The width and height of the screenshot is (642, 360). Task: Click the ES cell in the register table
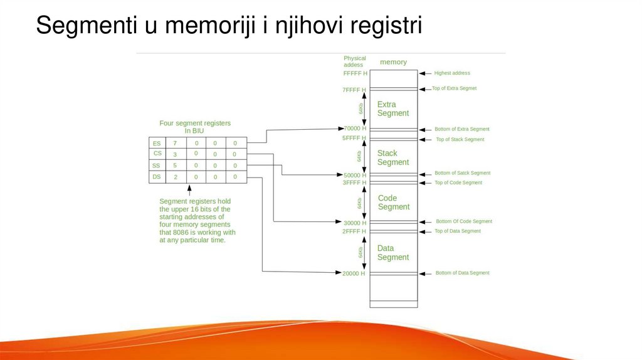point(157,143)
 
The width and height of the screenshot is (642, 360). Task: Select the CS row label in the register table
point(157,154)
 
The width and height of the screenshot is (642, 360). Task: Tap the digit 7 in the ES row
point(175,143)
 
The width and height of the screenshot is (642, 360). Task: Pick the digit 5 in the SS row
point(175,166)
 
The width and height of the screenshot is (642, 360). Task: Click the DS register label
point(157,177)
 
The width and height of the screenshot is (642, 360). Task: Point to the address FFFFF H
point(355,73)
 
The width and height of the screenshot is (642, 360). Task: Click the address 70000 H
point(355,129)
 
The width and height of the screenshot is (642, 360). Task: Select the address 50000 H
point(355,175)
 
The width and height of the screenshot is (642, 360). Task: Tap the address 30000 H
point(355,223)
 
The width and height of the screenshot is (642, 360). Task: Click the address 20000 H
point(355,273)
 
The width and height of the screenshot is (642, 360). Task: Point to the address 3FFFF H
point(355,183)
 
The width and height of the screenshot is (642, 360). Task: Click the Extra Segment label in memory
point(392,109)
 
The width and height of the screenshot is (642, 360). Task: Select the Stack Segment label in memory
point(392,157)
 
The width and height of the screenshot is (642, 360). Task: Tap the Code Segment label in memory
point(393,202)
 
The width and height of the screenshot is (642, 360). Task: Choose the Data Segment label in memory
point(392,253)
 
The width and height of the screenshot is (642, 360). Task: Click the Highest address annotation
point(452,73)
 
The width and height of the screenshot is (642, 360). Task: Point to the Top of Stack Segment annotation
point(460,139)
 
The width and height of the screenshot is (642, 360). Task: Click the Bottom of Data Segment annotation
point(462,273)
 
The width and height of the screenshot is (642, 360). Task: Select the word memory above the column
point(393,62)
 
